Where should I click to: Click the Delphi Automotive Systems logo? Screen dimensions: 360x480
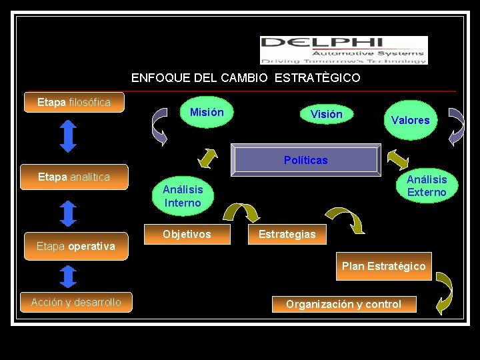[x=343, y=50]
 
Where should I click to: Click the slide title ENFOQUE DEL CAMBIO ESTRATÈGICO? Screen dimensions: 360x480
[x=245, y=78]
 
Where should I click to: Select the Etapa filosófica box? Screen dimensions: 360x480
[x=74, y=103]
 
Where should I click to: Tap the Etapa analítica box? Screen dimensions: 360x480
[x=74, y=177]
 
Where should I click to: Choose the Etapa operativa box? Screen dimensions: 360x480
[x=75, y=246]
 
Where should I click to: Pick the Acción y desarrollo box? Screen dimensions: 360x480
[x=76, y=303]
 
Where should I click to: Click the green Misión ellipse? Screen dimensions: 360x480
[x=207, y=113]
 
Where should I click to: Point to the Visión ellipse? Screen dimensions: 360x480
[x=326, y=115]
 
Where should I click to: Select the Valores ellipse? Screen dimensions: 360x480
[x=410, y=120]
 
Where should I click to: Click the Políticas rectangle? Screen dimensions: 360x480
[x=305, y=160]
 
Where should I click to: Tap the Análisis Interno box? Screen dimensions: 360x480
[x=183, y=196]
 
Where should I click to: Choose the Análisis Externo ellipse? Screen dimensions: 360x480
[x=427, y=186]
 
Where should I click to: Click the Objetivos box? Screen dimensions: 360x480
[x=187, y=234]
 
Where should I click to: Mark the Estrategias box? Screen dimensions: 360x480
[x=287, y=234]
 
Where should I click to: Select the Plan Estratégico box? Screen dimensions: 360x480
[x=383, y=266]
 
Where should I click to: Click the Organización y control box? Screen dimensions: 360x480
[x=343, y=304]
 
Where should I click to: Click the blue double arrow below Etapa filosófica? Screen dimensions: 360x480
[x=69, y=136]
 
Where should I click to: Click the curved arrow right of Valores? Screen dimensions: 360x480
[x=456, y=126]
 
